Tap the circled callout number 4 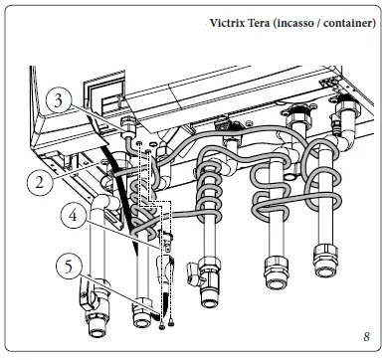(x=69, y=212)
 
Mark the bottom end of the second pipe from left (x=139, y=318)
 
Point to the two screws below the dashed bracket (x=163, y=320)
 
